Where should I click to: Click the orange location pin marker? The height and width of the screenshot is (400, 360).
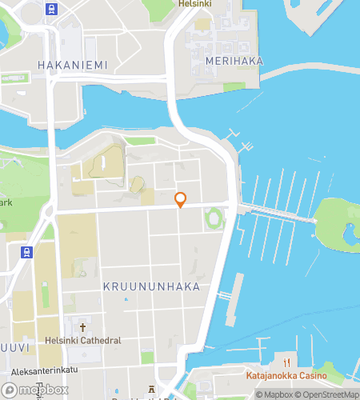[x=180, y=200]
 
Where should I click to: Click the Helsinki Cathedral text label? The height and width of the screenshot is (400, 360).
[x=84, y=340]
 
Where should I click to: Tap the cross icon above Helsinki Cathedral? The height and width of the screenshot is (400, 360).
[x=83, y=326]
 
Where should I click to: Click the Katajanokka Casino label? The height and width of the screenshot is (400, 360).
[x=284, y=374]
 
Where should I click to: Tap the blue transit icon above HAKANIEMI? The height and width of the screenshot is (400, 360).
[x=53, y=10]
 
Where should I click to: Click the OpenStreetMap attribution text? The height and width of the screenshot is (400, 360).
[x=327, y=394]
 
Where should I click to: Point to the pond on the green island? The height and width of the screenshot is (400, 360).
[x=350, y=234]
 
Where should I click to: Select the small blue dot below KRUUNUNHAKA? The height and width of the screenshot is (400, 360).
[x=126, y=300]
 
